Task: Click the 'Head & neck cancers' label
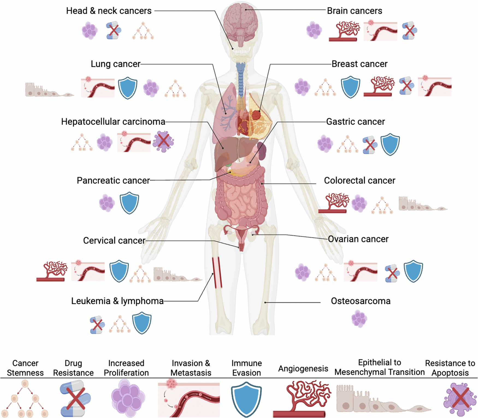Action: pyautogui.click(x=109, y=11)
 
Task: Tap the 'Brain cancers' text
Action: pyautogui.click(x=355, y=11)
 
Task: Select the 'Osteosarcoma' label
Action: pyautogui.click(x=361, y=301)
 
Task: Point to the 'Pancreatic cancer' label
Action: pyautogui.click(x=113, y=181)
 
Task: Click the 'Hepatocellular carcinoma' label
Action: pyautogui.click(x=113, y=122)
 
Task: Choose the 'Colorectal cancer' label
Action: pyautogui.click(x=359, y=181)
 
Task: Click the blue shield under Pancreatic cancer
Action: pyautogui.click(x=129, y=203)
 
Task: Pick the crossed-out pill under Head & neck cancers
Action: pyautogui.click(x=114, y=30)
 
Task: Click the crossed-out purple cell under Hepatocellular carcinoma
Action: pyautogui.click(x=163, y=141)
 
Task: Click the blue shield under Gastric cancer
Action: pyautogui.click(x=390, y=144)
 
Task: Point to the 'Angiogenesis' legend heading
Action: pyautogui.click(x=303, y=369)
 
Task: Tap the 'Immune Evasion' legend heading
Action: pyautogui.click(x=246, y=368)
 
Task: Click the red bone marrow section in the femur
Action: pyautogui.click(x=217, y=272)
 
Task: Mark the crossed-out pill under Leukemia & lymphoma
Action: pyautogui.click(x=97, y=325)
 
